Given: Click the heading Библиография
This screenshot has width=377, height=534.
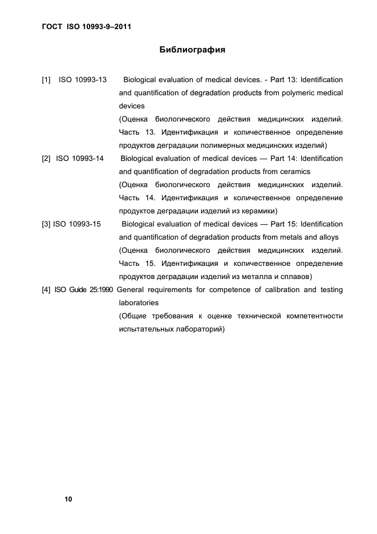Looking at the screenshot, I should coord(192,50).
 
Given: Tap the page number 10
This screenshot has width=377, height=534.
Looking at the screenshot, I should coord(68,499).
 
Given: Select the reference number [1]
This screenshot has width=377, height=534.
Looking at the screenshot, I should coord(46,79).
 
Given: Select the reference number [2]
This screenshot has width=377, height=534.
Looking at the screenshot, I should coord(46,158).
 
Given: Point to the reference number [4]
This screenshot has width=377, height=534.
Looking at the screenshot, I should coord(46,290).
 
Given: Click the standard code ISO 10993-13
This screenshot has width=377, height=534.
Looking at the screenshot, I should coord(83,79).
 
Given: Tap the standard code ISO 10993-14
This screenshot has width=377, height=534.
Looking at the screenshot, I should coord(80,158).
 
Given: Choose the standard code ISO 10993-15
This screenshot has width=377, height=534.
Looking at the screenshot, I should coord(77,224).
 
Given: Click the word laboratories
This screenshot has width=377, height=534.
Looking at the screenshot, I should coord(139,303).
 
